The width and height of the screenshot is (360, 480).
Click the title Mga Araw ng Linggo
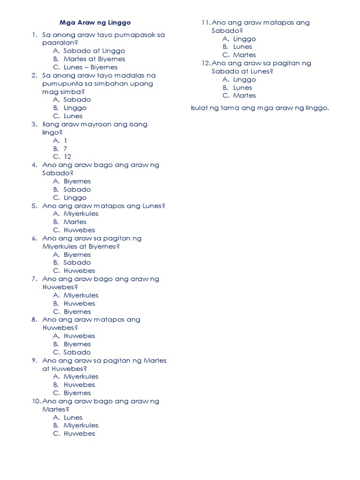point(95,22)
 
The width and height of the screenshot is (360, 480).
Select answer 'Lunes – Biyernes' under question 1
point(90,67)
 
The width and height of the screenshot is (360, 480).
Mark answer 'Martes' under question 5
point(75,222)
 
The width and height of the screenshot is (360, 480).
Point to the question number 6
point(34,238)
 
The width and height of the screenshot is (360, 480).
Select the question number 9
point(34,360)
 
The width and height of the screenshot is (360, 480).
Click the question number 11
point(205,22)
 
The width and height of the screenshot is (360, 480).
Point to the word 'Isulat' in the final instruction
point(199,108)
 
